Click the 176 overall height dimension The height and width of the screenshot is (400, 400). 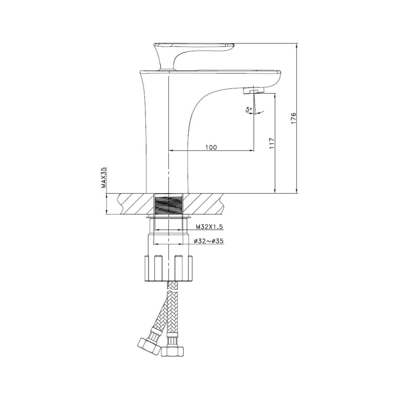(294, 118)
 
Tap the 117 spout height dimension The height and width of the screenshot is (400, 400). (272, 143)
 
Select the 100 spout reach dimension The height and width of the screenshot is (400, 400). (211, 147)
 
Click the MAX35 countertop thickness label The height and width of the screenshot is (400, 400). (104, 177)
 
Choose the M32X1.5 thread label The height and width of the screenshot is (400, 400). (209, 226)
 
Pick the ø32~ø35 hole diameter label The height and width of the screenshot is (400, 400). (209, 241)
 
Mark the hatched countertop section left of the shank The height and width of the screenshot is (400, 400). (134, 204)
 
